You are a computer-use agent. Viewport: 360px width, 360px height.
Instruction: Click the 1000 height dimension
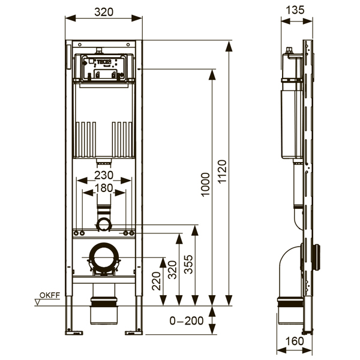pos(205,187)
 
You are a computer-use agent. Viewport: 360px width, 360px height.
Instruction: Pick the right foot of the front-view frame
pos(133,331)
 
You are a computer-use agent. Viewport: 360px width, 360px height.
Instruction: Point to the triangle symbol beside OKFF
pos(38,302)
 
